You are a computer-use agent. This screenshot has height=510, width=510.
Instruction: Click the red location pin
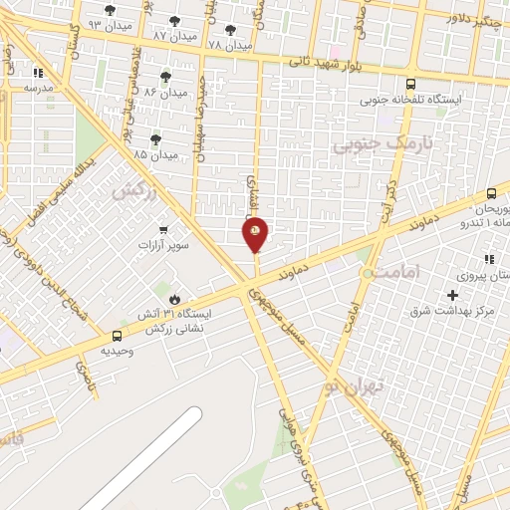(x=256, y=234)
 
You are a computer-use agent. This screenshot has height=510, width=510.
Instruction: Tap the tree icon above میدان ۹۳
(x=110, y=10)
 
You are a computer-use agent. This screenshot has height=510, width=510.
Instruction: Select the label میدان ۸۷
(x=174, y=35)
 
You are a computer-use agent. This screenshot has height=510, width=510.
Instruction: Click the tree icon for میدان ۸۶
(x=165, y=77)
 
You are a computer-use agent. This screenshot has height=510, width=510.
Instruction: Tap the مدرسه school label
(x=37, y=87)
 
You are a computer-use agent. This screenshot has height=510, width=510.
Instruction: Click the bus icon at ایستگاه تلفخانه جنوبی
(x=411, y=86)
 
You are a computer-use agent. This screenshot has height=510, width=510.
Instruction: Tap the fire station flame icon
(x=175, y=298)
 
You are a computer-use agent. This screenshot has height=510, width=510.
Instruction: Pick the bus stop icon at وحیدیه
(x=118, y=337)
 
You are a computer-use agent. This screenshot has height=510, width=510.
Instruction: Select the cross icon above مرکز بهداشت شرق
(x=453, y=295)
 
